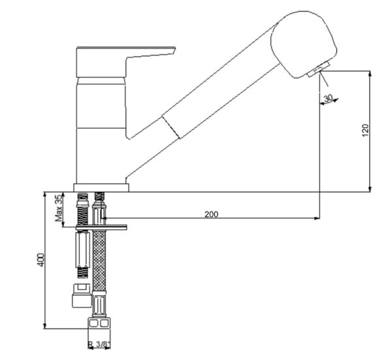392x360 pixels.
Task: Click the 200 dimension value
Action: click(x=211, y=214)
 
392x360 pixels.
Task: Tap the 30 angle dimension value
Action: click(x=328, y=98)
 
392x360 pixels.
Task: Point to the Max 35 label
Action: click(x=58, y=208)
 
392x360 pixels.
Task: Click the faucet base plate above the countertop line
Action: click(x=101, y=187)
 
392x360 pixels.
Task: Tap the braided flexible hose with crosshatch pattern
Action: click(x=100, y=261)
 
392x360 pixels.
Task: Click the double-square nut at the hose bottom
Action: click(x=100, y=324)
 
